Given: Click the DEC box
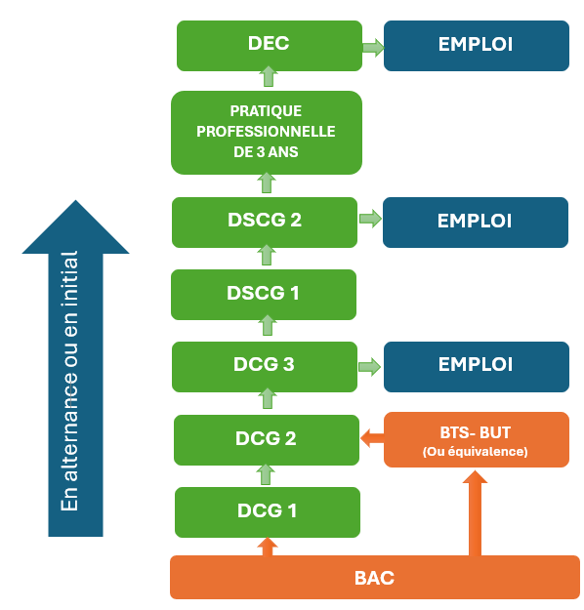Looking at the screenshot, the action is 270,46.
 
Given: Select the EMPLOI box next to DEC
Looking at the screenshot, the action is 477,46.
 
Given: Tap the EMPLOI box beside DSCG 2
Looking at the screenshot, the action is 476,223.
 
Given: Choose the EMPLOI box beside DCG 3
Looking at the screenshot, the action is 477,366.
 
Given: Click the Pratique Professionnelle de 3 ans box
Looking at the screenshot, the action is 267,133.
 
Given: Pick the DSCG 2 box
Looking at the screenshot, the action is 265,223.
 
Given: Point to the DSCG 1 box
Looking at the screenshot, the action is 264,295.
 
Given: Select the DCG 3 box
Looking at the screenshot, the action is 265,366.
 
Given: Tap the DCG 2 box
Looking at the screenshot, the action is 267,440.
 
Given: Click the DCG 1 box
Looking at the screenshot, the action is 268,512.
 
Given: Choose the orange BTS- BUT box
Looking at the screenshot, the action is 477,439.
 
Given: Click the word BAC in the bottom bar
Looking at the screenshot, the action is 374,578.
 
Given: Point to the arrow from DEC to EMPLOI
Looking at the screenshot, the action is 373,48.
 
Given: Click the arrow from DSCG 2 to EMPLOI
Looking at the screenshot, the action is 370,219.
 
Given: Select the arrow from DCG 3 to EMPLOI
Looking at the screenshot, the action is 369,367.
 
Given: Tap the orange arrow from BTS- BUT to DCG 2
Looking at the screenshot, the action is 372,438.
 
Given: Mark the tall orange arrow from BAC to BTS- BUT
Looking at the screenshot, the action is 475,513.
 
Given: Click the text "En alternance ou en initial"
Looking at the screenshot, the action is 69,381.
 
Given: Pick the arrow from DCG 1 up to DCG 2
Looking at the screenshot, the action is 266,474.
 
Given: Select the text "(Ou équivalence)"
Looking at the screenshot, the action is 475,452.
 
